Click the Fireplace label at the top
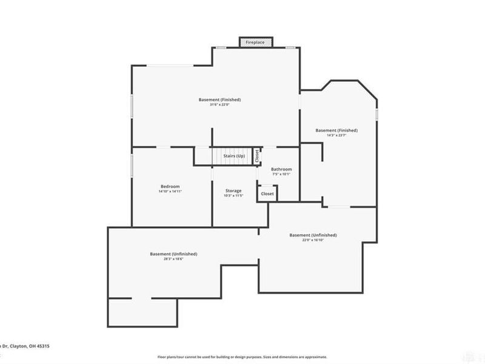point(256,42)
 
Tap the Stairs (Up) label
point(234,156)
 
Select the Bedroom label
point(170,186)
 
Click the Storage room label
point(233,190)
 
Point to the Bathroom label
point(281,169)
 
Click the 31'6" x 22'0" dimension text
point(219,104)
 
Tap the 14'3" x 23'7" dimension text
point(336,135)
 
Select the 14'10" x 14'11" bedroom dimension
point(170,192)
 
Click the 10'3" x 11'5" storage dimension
point(233,196)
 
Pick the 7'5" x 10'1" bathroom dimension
point(281,175)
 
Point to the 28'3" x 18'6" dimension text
point(173,259)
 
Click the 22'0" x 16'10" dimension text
point(313,240)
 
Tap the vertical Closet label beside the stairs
point(257,156)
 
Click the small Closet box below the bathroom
point(267,194)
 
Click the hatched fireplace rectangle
point(256,42)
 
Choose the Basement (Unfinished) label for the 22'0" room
point(313,235)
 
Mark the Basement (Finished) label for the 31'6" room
point(219,99)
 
